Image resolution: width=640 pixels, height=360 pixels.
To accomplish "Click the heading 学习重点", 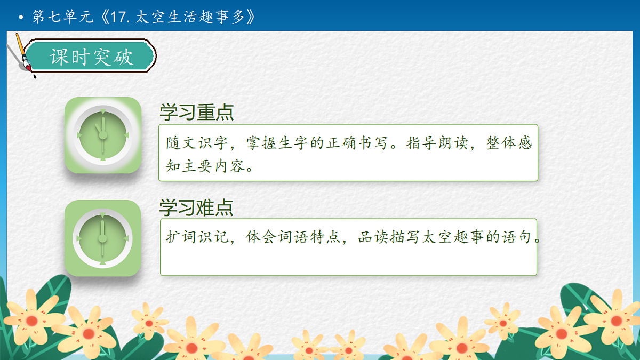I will (x=196, y=113).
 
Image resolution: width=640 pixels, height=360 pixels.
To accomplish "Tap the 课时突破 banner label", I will (x=91, y=57).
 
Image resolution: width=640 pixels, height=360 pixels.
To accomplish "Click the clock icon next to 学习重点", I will (x=103, y=135).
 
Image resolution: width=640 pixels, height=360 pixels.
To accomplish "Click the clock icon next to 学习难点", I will (x=103, y=238).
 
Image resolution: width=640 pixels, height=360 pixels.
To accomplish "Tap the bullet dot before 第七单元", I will (x=21, y=18).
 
